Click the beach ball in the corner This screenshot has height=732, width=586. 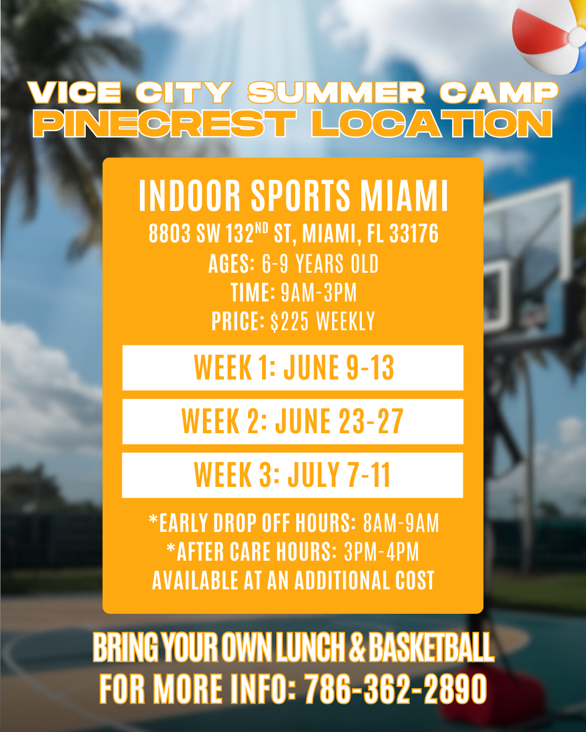point(550,36)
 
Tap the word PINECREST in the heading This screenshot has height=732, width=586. point(164,124)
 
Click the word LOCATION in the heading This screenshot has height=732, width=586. point(431,124)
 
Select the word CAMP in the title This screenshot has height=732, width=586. point(499,93)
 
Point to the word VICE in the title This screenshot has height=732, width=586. point(74,93)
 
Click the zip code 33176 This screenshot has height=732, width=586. point(413,234)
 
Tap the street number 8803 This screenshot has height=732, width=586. point(170,234)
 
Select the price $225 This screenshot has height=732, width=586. point(289,321)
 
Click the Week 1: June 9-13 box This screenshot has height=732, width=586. point(293,368)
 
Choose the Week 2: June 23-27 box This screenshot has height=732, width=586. point(293,421)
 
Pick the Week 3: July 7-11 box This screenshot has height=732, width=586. point(292,475)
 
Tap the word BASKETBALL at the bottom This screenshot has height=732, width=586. point(431,647)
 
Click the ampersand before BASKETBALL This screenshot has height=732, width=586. point(357,647)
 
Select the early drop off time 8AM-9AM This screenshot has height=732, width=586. point(401,523)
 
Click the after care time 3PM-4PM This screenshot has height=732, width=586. point(381,552)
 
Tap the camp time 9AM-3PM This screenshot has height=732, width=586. point(319,292)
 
